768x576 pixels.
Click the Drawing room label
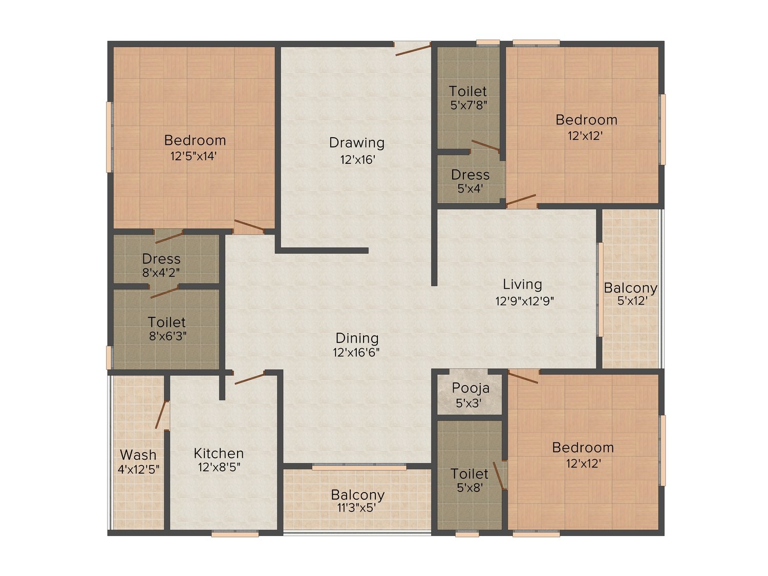click(x=356, y=143)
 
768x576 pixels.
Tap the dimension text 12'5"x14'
click(x=194, y=156)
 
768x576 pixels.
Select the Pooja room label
click(x=470, y=388)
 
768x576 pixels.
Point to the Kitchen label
click(x=219, y=453)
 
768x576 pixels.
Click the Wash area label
click(x=138, y=455)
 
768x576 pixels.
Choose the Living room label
click(x=522, y=284)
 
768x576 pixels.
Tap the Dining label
click(x=357, y=338)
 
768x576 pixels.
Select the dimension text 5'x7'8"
click(x=469, y=105)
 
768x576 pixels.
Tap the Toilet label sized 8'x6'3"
click(x=167, y=322)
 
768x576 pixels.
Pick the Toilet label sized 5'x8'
click(x=469, y=474)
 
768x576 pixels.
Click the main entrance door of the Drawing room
click(x=413, y=50)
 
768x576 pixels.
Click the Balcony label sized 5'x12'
click(x=630, y=288)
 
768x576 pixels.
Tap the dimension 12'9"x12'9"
click(x=524, y=301)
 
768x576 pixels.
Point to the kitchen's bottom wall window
click(x=235, y=534)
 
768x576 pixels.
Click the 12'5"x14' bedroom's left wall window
click(x=110, y=137)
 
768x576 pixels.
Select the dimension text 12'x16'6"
click(x=356, y=352)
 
